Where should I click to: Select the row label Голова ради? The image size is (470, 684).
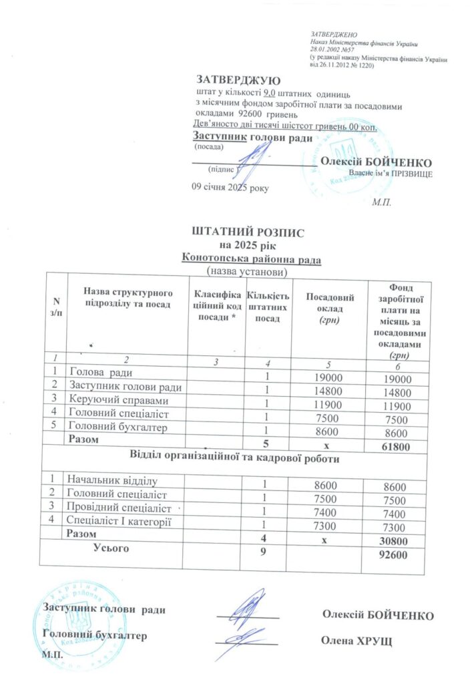(101, 372)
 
